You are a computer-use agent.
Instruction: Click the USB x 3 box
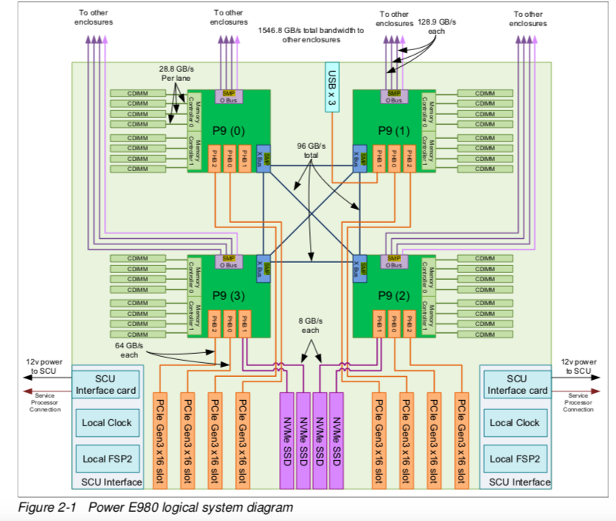coord(332,86)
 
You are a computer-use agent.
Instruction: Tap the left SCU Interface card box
coord(105,385)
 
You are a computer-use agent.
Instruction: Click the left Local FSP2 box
coord(105,459)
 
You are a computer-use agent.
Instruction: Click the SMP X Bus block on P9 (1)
coord(358,156)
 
